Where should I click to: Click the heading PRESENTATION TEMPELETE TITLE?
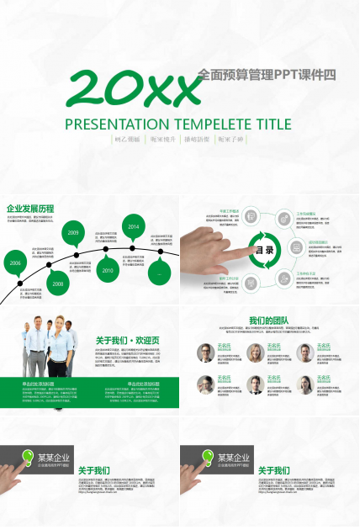click(178, 124)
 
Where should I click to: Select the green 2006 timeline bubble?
click(15, 262)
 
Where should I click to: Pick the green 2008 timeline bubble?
click(57, 284)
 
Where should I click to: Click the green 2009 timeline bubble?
click(73, 233)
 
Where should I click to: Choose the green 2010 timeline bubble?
click(108, 270)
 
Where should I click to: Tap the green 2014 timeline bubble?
click(133, 227)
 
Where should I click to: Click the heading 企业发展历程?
click(30, 208)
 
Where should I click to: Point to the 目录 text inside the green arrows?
click(265, 250)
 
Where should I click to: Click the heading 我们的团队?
click(269, 320)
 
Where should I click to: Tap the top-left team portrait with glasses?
click(205, 352)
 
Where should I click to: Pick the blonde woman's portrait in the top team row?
click(253, 352)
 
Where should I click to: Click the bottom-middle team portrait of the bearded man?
click(253, 384)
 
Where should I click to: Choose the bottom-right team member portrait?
click(303, 384)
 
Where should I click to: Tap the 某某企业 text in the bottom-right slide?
click(236, 458)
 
